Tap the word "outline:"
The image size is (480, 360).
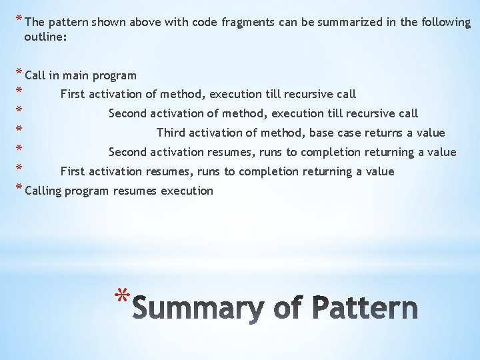[x=45, y=37]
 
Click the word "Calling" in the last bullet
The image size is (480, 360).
[x=43, y=191]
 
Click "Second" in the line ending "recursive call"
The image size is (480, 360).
[x=128, y=113]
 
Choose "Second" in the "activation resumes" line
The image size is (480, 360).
[x=128, y=152]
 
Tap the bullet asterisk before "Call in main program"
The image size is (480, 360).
[x=19, y=74]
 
